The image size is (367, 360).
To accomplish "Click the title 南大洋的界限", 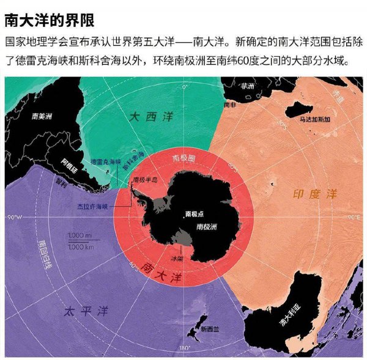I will click(49, 20).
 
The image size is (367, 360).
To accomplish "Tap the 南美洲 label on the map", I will click(43, 116).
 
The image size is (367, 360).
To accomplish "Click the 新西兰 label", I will click(212, 330).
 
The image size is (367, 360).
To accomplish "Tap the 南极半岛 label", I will click(145, 180).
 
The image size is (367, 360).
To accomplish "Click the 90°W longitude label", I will click(14, 218).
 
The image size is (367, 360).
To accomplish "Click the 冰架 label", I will click(176, 259).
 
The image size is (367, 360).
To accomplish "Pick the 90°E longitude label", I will click(353, 217).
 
